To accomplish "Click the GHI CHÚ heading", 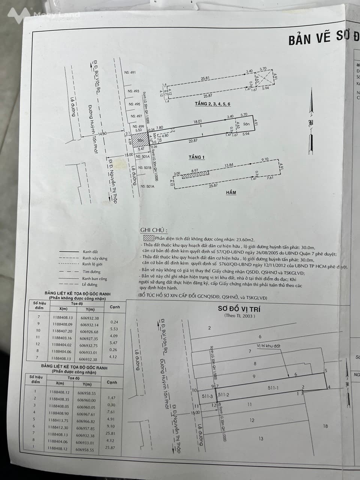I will tap(154, 230).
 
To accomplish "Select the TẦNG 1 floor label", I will tap(197, 157).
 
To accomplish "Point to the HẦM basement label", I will tap(231, 192).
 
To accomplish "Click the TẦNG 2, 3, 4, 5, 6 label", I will tap(212, 104).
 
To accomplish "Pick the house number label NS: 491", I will tap(130, 73).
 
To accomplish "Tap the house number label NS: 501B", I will tap(145, 168).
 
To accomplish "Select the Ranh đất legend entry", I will tap(90, 252).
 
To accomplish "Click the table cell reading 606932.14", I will tap(89, 325).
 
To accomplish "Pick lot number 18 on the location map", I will tap(325, 426).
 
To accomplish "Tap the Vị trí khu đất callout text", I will tap(268, 346).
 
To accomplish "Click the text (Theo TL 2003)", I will tap(239, 316).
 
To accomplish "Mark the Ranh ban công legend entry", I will tap(94, 279).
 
